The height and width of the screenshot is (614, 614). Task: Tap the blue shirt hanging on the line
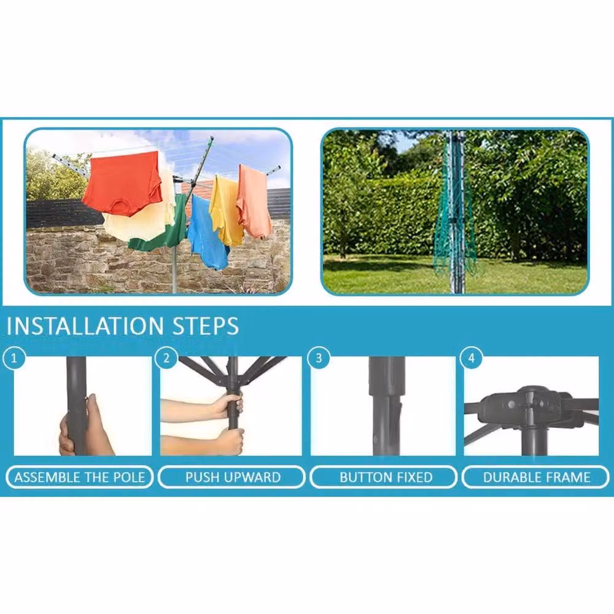tap(208, 233)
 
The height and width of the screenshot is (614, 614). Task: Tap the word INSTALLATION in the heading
tap(85, 326)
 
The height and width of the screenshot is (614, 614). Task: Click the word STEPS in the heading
tap(206, 326)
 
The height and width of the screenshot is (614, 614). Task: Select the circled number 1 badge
tap(14, 358)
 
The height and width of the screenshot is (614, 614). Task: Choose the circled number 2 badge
tap(166, 358)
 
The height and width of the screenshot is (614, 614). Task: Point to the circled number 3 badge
tap(319, 358)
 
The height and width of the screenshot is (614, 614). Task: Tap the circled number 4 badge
tap(472, 358)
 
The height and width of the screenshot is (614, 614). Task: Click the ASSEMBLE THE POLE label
tap(79, 477)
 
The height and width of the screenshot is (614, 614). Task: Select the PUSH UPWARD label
tap(233, 477)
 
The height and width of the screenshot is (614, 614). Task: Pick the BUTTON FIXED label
tap(386, 477)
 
